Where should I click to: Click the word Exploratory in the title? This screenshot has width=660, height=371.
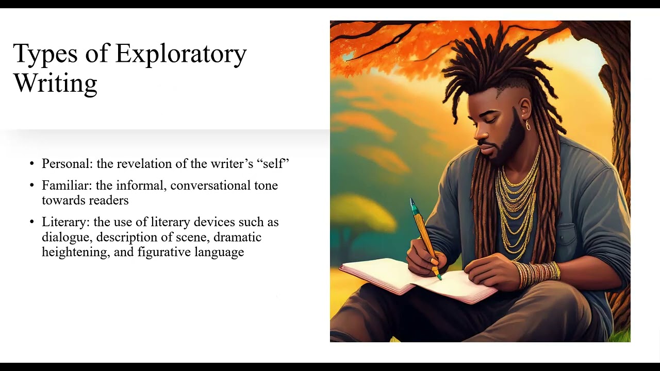click(181, 54)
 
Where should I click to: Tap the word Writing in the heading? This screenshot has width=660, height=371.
click(55, 82)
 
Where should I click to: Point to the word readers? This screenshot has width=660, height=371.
click(108, 200)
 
